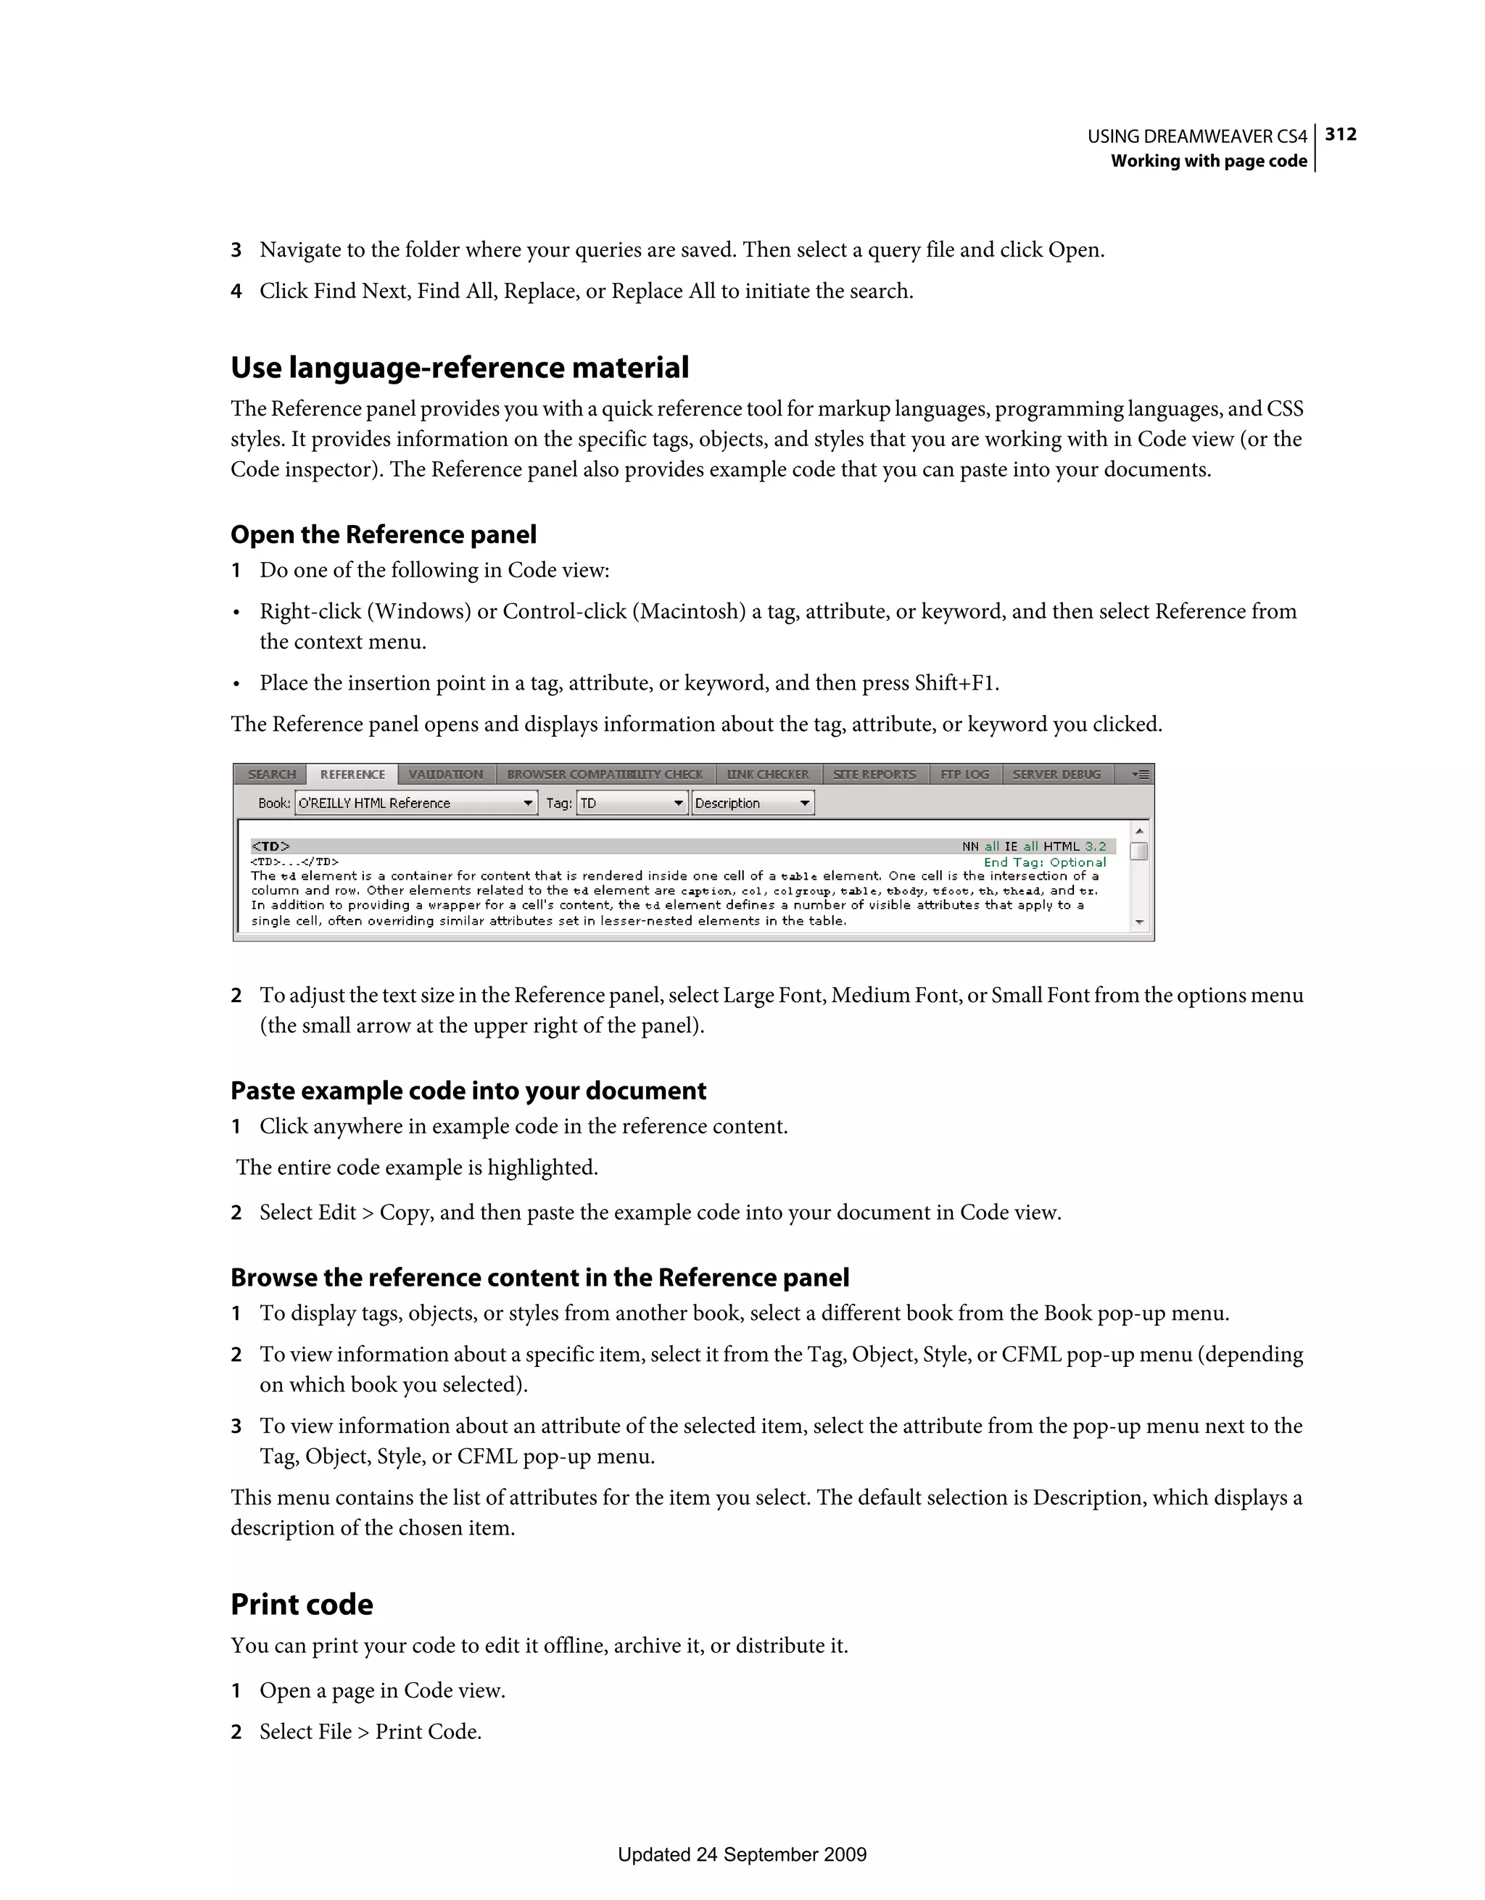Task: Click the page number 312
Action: click(x=1341, y=134)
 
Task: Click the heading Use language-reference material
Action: click(x=459, y=367)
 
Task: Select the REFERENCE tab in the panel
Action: click(x=352, y=775)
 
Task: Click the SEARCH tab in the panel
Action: click(x=271, y=775)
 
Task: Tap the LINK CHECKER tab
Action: click(x=768, y=775)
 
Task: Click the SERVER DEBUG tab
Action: click(x=1056, y=775)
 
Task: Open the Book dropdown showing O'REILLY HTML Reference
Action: click(x=415, y=803)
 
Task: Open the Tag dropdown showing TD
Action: click(x=632, y=803)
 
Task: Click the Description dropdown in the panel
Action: click(x=753, y=803)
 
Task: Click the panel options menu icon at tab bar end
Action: click(x=1141, y=775)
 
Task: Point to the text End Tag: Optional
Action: click(x=1045, y=862)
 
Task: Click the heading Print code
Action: click(x=302, y=1604)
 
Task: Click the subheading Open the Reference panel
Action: click(x=384, y=534)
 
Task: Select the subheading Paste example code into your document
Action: click(x=468, y=1090)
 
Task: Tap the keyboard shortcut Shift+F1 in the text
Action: click(x=954, y=683)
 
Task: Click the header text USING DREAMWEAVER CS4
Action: click(x=1197, y=136)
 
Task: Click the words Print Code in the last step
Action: click(x=427, y=1731)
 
